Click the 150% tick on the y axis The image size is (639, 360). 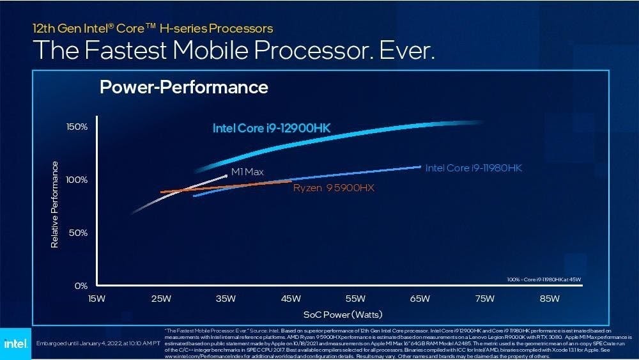click(x=77, y=127)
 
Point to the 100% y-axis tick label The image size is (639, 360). click(x=77, y=180)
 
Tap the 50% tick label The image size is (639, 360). click(x=78, y=233)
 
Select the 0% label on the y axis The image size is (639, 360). click(x=80, y=285)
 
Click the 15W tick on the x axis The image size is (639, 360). click(x=96, y=299)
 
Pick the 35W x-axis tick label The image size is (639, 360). click(x=226, y=299)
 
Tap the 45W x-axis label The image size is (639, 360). click(x=291, y=299)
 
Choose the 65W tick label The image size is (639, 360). click(x=420, y=299)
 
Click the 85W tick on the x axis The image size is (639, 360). click(x=550, y=299)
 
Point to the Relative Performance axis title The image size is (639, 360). click(x=55, y=205)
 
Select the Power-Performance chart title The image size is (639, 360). click(x=184, y=87)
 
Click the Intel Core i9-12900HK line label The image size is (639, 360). click(x=272, y=129)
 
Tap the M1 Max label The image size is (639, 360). click(x=247, y=172)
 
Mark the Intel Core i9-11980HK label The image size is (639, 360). click(x=473, y=168)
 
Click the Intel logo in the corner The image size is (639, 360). click(x=14, y=344)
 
